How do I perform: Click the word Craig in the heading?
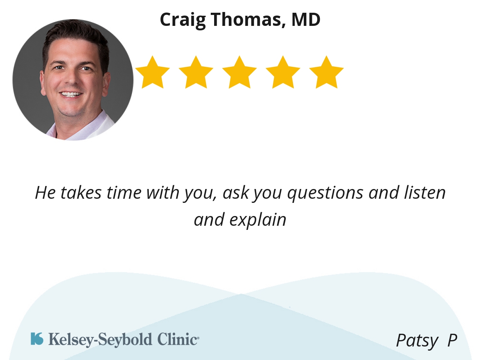pyautogui.click(x=183, y=20)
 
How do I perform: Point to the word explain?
pyautogui.click(x=258, y=220)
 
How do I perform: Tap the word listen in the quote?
pyautogui.click(x=424, y=192)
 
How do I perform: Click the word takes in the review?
pyautogui.click(x=81, y=192)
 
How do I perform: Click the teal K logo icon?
pyautogui.click(x=37, y=339)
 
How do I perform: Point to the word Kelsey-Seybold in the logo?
pyautogui.click(x=100, y=340)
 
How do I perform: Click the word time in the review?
pyautogui.click(x=124, y=192)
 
